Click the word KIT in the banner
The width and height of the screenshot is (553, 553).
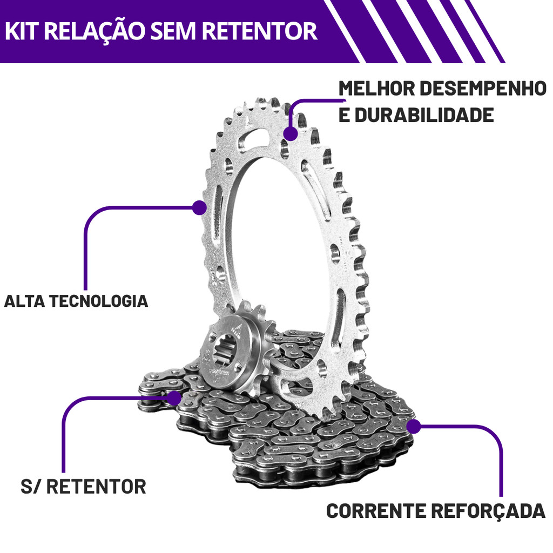click(x=22, y=31)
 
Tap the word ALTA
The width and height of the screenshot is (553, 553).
click(x=25, y=301)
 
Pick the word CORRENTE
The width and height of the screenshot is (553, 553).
click(x=379, y=511)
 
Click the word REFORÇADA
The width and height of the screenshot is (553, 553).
click(x=490, y=511)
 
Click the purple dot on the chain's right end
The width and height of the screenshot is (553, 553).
click(x=414, y=427)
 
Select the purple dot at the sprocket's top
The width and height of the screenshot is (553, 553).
click(x=291, y=133)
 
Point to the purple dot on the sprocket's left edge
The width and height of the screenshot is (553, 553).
click(x=200, y=207)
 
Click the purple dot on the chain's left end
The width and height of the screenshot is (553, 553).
click(x=174, y=399)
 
